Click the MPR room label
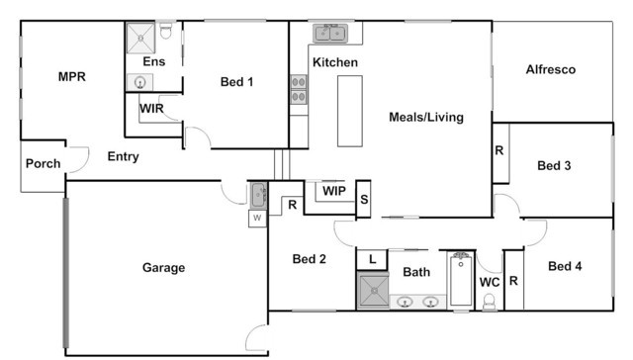tap(72, 76)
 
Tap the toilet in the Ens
tap(165, 31)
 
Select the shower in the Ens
tap(140, 38)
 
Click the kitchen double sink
tap(330, 33)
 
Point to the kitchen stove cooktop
tap(299, 90)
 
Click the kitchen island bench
tap(350, 111)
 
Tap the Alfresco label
tap(551, 69)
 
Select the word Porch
tap(44, 163)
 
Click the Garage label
tap(163, 268)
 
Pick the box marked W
tap(257, 219)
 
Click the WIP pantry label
tap(334, 191)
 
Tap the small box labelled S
tap(363, 199)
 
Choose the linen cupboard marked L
tap(372, 259)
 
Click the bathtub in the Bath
tap(461, 280)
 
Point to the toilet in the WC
tap(490, 302)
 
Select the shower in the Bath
tap(374, 290)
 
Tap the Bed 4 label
tap(565, 266)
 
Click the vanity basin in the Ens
tap(139, 82)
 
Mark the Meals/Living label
tap(426, 117)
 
